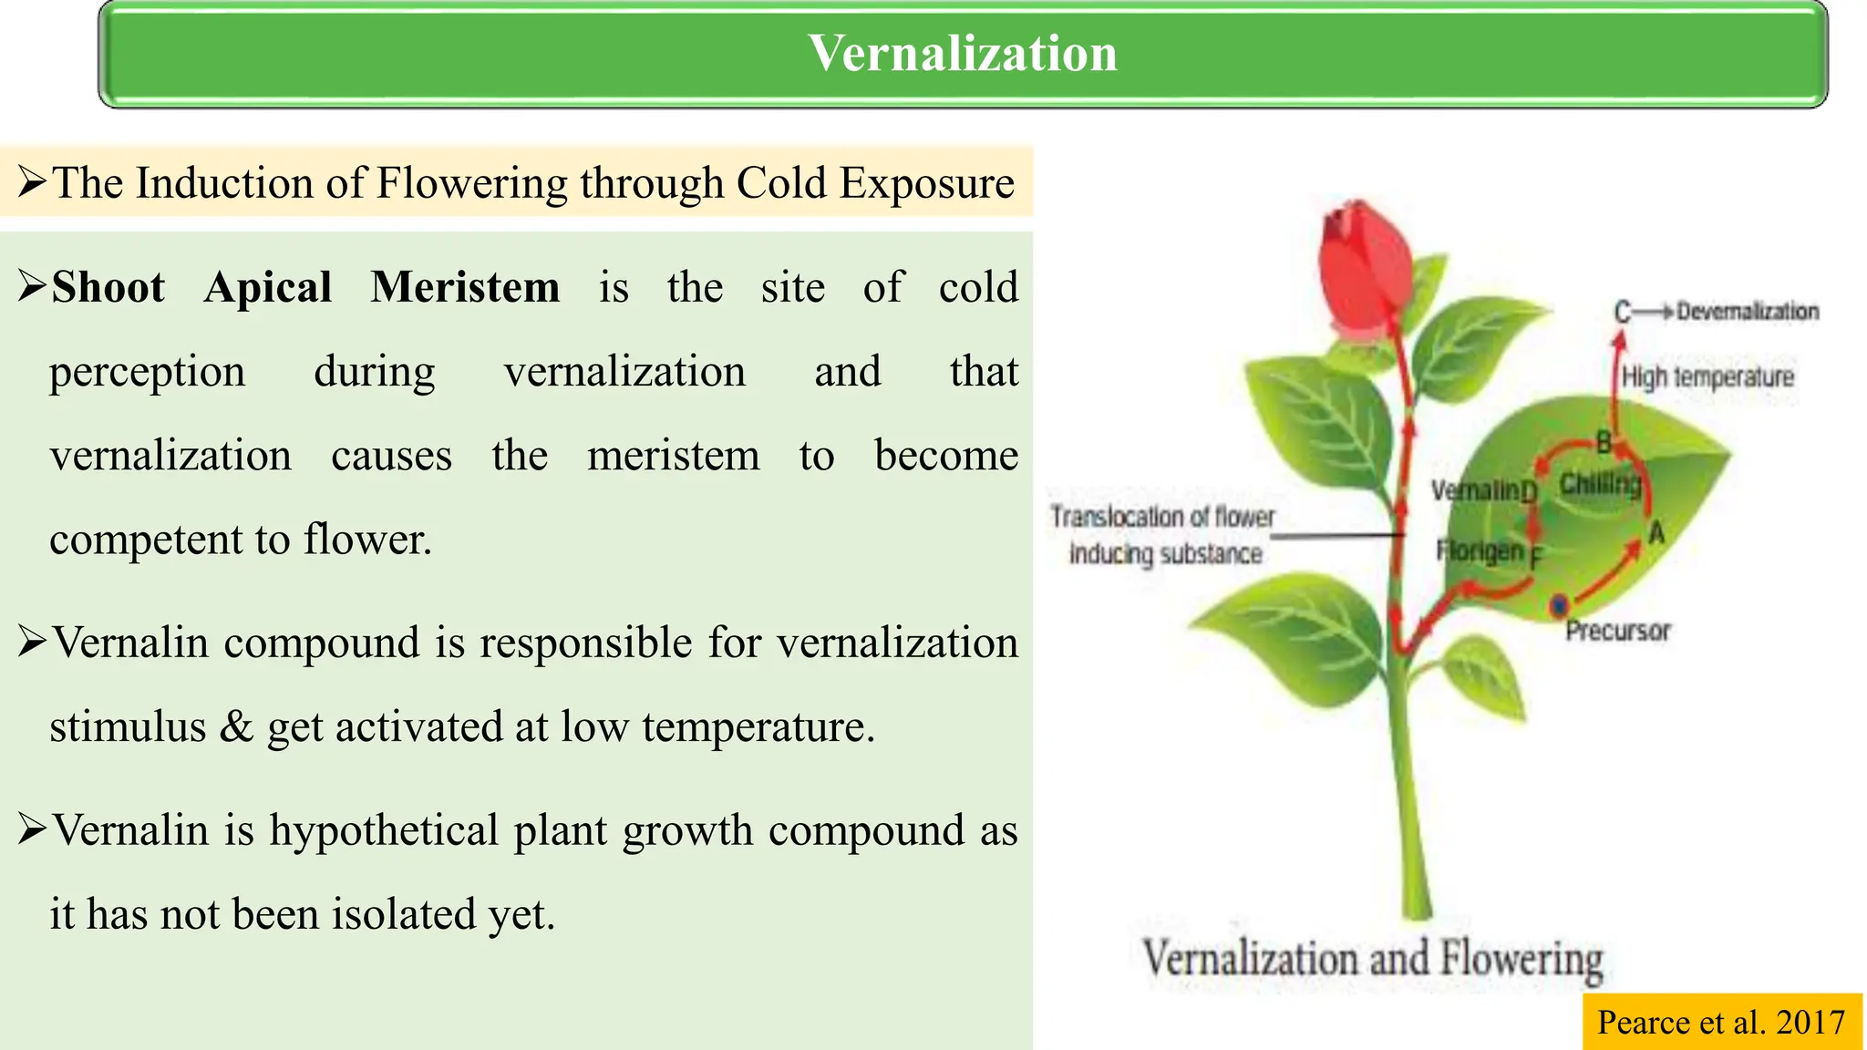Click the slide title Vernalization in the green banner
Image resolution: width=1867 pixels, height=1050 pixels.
pyautogui.click(x=963, y=53)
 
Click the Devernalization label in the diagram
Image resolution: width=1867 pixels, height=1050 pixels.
pyautogui.click(x=1747, y=312)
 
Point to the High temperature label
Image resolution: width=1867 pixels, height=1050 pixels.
pyautogui.click(x=1707, y=376)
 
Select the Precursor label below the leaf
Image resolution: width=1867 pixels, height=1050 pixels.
pyautogui.click(x=1618, y=631)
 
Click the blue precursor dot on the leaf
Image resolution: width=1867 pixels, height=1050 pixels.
pyautogui.click(x=1559, y=605)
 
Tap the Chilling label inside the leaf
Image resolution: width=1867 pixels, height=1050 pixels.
pyautogui.click(x=1600, y=483)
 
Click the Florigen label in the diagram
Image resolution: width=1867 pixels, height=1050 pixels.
pyautogui.click(x=1480, y=551)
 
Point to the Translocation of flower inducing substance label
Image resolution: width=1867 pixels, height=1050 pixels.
pyautogui.click(x=1163, y=535)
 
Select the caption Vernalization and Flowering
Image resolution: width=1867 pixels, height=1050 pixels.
pyautogui.click(x=1373, y=959)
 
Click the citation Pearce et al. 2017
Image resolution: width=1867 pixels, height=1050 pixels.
pyautogui.click(x=1721, y=1022)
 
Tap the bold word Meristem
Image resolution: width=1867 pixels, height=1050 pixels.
pyautogui.click(x=465, y=287)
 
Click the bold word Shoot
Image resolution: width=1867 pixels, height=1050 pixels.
pyautogui.click(x=108, y=287)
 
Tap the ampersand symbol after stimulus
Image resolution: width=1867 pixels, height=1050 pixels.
pyautogui.click(x=236, y=727)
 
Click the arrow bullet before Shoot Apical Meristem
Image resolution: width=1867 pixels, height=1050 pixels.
pyautogui.click(x=32, y=286)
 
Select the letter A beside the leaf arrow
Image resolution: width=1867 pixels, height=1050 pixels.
pyautogui.click(x=1656, y=533)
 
